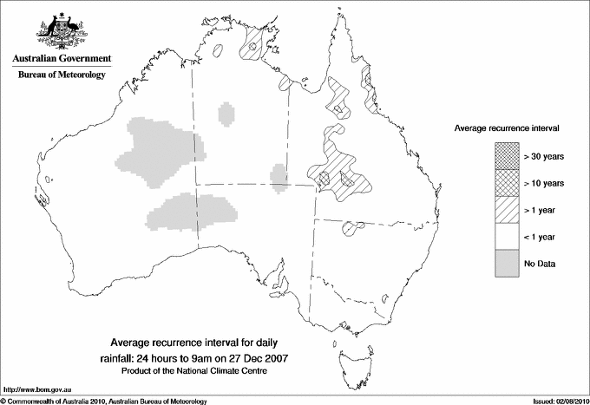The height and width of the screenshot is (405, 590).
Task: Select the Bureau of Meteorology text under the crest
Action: tap(62, 75)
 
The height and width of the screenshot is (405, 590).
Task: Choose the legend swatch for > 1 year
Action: tap(507, 209)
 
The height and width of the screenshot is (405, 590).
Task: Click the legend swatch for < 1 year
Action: tap(507, 236)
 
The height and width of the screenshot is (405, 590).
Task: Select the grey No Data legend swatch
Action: tap(507, 263)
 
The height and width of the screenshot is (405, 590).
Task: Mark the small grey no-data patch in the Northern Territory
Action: tap(226, 113)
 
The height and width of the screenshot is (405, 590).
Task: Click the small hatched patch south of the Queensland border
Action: tap(352, 229)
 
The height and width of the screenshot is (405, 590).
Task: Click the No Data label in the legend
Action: tap(540, 263)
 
